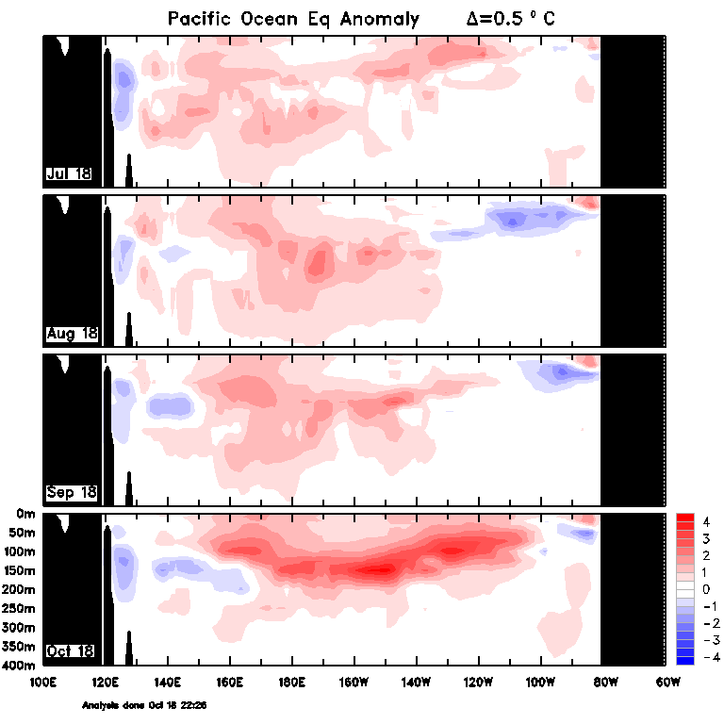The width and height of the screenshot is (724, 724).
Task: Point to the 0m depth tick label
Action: (x=25, y=514)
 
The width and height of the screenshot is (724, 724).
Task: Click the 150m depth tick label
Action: (x=19, y=570)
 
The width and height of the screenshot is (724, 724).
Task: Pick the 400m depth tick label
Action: (x=19, y=666)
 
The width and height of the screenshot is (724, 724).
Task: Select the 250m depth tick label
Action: (x=19, y=609)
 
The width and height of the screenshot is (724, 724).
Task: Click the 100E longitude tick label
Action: (x=42, y=680)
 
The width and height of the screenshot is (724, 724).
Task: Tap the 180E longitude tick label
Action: (x=291, y=680)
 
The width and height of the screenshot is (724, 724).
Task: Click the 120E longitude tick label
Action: (x=105, y=680)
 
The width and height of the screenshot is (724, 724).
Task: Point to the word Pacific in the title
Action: (x=200, y=19)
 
